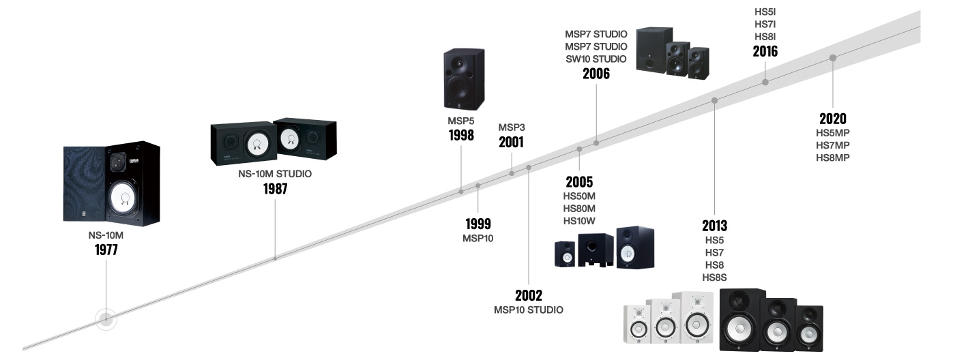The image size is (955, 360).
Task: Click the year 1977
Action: click(x=106, y=250)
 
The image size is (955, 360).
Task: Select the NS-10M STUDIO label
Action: click(x=275, y=174)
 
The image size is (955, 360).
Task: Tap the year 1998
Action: click(x=461, y=136)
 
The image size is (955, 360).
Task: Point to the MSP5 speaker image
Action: click(x=464, y=79)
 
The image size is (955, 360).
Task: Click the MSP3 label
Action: click(x=512, y=127)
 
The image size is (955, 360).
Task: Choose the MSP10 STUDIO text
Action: click(x=529, y=310)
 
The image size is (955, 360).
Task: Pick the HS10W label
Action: click(x=579, y=221)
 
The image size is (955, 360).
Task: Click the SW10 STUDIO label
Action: click(x=596, y=59)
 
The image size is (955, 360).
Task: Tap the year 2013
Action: click(x=715, y=226)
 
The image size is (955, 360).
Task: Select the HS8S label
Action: click(x=715, y=277)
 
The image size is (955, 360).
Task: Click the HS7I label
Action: click(x=765, y=25)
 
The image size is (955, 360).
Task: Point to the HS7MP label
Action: click(x=833, y=145)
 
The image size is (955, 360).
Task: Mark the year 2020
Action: click(x=833, y=119)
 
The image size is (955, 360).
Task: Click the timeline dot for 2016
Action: click(x=765, y=82)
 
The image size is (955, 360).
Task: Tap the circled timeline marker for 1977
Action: click(x=106, y=319)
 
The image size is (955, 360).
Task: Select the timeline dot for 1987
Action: click(x=275, y=258)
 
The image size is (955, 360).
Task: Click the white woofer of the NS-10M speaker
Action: click(x=124, y=198)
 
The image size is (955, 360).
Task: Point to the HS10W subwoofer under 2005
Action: click(x=596, y=250)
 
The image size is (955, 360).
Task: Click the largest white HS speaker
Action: click(x=696, y=318)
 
